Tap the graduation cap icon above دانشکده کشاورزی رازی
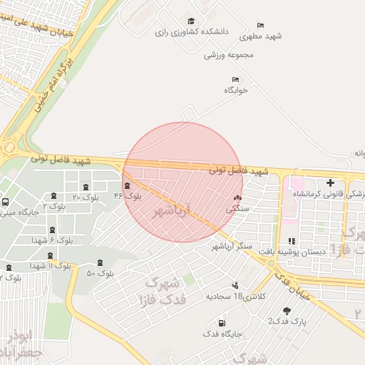click(x=191, y=21)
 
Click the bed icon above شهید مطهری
click(x=259, y=25)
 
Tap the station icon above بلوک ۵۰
click(x=99, y=262)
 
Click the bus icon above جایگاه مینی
click(x=6, y=202)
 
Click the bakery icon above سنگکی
click(x=237, y=198)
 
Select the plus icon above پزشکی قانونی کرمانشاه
click(x=330, y=182)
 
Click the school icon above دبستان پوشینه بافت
click(x=292, y=240)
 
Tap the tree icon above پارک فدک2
click(x=287, y=311)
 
